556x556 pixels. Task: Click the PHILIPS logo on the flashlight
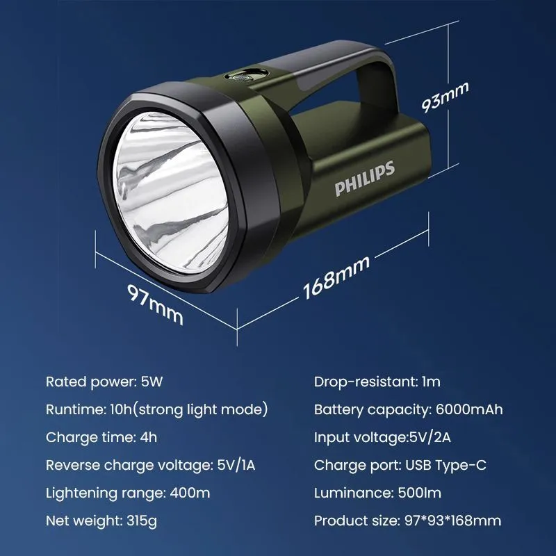pos(364,179)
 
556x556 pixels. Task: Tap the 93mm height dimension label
pos(445,97)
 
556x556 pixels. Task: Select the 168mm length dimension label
pos(336,277)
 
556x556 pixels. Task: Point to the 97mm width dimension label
pos(155,304)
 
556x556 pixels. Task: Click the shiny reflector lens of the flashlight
pos(171,193)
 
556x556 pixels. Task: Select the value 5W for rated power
pos(152,382)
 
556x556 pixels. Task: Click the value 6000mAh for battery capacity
pos(469,409)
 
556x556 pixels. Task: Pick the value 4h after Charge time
pos(148,437)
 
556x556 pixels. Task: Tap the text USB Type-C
pos(445,465)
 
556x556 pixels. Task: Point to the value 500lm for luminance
pos(420,493)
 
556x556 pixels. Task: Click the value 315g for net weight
pos(142,521)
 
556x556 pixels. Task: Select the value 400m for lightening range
pos(190,493)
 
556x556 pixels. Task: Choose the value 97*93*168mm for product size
pos(453,521)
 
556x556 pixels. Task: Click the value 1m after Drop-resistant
pos(431,382)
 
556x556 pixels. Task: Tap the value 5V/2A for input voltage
pos(430,438)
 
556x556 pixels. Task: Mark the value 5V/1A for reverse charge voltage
pos(236,465)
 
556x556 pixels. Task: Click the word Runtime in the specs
pos(76,409)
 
